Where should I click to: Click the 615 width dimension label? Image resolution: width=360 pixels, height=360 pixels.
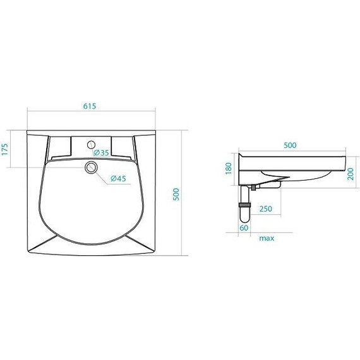90,106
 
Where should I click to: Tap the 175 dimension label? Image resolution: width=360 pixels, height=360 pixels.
5,149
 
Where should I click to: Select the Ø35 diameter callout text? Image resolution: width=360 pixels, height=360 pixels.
101,152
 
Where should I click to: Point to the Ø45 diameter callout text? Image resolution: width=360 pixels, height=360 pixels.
118,178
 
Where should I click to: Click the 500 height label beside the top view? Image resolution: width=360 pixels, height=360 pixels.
176,195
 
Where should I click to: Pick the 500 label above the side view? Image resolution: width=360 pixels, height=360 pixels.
290,145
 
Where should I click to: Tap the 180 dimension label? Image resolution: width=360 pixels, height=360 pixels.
229,168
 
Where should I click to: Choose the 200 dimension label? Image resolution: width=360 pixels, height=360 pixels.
351,174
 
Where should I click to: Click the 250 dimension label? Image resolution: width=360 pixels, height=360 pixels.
266,208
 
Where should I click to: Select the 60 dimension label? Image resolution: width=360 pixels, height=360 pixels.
244,228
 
